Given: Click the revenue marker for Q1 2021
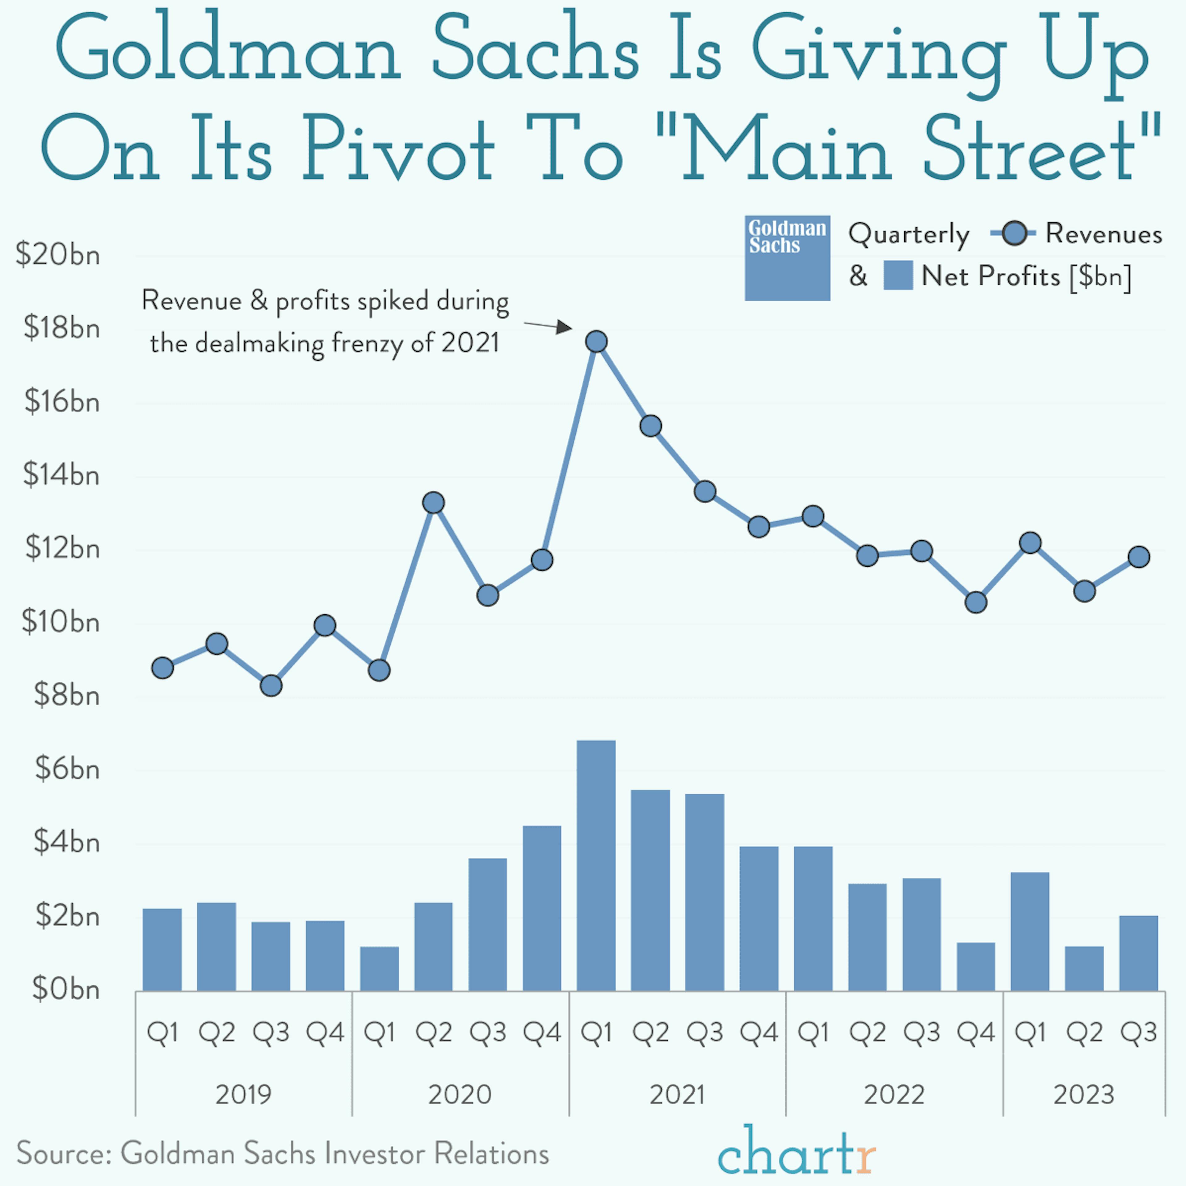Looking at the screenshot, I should (596, 341).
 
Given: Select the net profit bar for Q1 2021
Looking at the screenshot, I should (596, 865).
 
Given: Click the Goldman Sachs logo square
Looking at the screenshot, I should (787, 258).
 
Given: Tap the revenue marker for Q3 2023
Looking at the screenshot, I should (1139, 557).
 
